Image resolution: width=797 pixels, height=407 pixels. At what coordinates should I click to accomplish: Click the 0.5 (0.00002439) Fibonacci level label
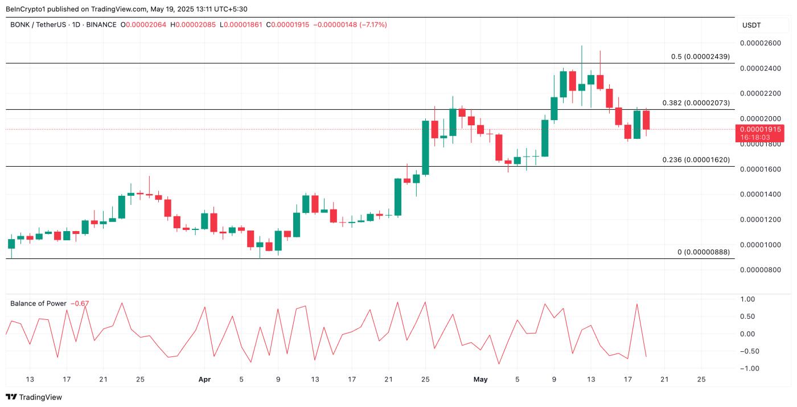pos(700,56)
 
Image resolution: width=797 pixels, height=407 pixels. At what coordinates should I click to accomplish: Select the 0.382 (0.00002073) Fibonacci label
pos(696,103)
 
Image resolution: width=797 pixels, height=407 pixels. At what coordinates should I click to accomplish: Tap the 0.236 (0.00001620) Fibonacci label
pos(696,160)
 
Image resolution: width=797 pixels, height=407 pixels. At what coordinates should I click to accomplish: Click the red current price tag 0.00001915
pos(760,129)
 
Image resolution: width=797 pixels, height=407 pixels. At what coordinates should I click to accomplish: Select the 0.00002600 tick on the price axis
pos(760,43)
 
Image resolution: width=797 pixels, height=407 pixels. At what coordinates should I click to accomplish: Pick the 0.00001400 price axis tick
pos(760,195)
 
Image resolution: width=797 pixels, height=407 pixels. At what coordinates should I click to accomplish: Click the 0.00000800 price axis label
pos(760,270)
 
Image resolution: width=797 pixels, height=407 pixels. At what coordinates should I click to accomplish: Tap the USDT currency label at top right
pos(751,25)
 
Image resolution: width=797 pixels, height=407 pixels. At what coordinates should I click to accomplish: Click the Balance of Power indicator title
pos(38,303)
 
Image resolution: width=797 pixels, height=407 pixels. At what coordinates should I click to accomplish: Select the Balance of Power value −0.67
pos(80,303)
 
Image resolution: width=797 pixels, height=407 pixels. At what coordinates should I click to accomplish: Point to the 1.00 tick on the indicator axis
pos(747,299)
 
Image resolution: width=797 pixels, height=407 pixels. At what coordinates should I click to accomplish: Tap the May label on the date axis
pos(480,379)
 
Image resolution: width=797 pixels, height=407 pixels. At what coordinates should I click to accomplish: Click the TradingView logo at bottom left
pos(34,397)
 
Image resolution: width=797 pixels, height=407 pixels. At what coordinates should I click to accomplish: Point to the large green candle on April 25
pos(425,147)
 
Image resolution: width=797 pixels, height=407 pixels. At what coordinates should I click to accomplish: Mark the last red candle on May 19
pos(646,120)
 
